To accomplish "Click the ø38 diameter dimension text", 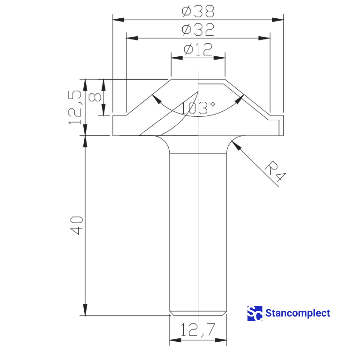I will pyautogui.click(x=198, y=11).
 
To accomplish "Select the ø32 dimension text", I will pyautogui.click(x=198, y=30).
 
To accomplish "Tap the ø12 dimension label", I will pyautogui.click(x=198, y=49).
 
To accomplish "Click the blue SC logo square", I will pyautogui.click(x=255, y=313).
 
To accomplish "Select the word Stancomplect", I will pyautogui.click(x=298, y=313).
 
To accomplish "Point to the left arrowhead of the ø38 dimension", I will pyautogui.click(x=118, y=20).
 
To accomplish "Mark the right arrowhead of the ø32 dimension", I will pyautogui.click(x=265, y=38).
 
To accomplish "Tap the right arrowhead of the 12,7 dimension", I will pyautogui.click(x=221, y=340).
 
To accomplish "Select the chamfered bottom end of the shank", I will pyautogui.click(x=198, y=313).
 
